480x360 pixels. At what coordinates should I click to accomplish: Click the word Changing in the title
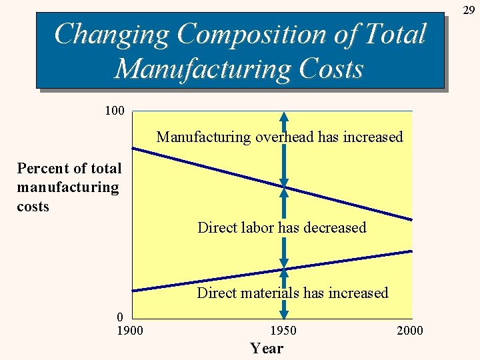point(111,35)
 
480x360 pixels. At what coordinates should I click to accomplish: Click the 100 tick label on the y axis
point(115,110)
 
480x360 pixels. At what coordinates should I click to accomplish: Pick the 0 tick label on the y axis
point(119,316)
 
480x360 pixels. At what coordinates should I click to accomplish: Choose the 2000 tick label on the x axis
point(409,331)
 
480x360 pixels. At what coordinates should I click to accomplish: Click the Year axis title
point(267,348)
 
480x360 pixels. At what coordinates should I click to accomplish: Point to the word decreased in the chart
point(335,227)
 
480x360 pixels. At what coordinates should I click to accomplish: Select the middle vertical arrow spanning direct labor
point(284,227)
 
